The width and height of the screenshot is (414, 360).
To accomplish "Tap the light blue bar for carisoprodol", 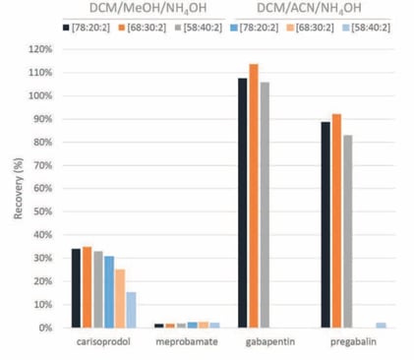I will [x=131, y=310].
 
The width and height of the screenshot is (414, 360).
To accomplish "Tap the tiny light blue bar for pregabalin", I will [x=381, y=325].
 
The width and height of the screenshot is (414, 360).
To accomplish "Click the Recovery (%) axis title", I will [x=15, y=188].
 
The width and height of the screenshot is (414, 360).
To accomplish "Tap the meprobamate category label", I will [x=179, y=343].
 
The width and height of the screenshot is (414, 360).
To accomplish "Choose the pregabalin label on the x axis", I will [x=348, y=343].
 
